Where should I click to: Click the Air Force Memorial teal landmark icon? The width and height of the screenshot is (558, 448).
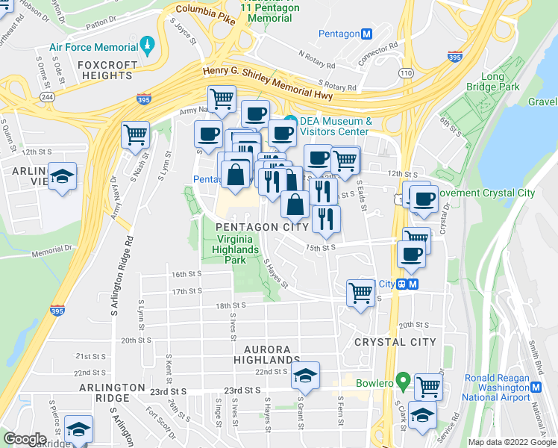coord(148,46)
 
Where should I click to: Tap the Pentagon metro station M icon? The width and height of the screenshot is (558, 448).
coord(366,34)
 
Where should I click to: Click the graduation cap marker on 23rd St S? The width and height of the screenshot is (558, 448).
coord(305,376)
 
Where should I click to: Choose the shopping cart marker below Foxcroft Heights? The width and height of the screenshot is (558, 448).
coord(135,135)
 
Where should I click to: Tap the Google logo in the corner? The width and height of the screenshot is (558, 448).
coord(25,439)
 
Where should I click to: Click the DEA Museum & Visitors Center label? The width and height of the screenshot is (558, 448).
coord(336,126)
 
